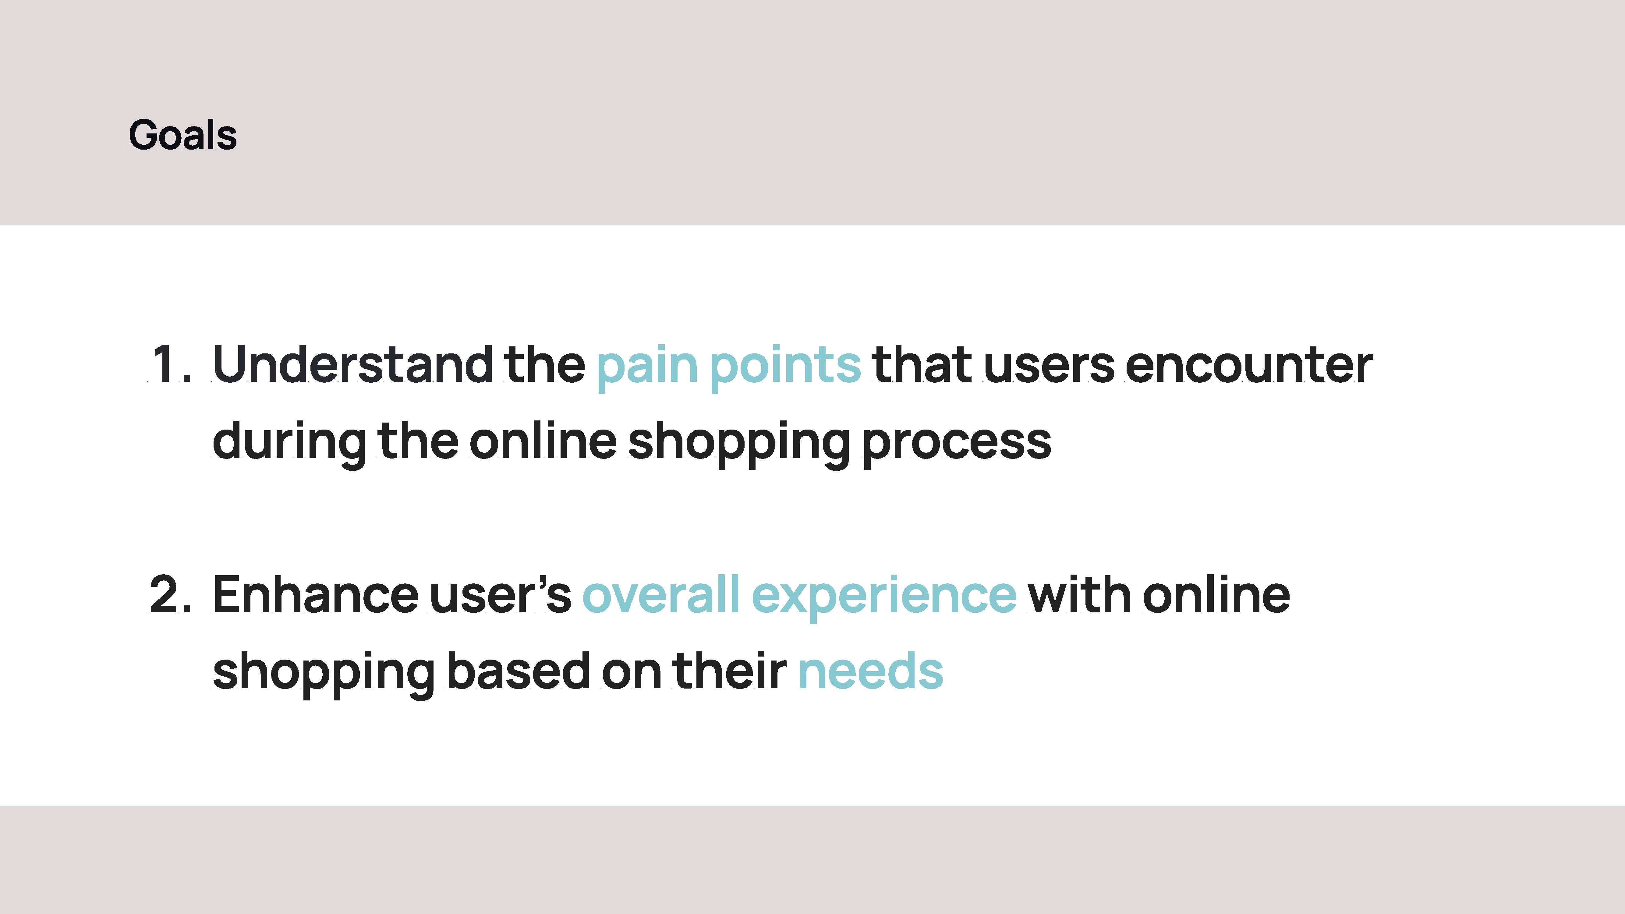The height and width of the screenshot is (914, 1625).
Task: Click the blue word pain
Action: pos(647,369)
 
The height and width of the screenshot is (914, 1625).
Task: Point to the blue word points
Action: pos(785,369)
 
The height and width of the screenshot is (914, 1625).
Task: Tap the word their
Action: pos(730,671)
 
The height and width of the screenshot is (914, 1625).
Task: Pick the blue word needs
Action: pos(871,671)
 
